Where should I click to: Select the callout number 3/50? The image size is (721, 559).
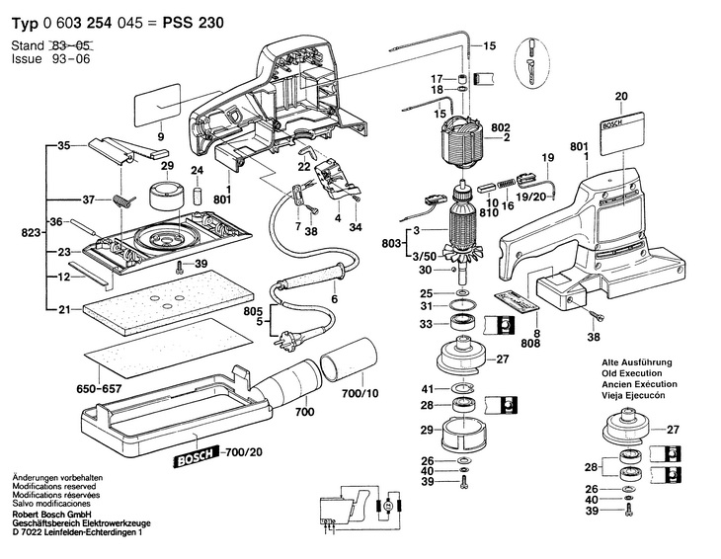click(421, 254)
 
